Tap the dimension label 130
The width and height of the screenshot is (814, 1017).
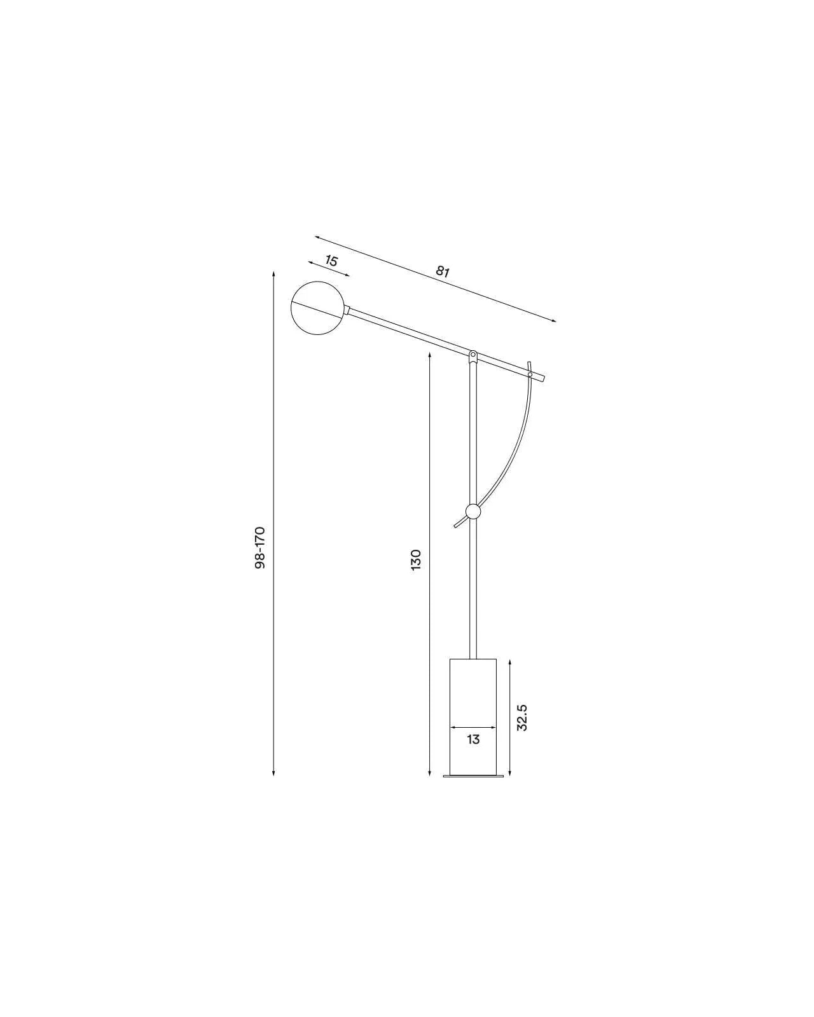[x=416, y=560]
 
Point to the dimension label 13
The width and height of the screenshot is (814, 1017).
[x=473, y=740]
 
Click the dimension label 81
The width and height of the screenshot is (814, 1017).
[x=442, y=271]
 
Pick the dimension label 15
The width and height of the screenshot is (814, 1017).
[x=331, y=261]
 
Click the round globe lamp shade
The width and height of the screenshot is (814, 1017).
[x=318, y=308]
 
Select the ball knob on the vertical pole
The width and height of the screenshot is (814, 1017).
[x=473, y=512]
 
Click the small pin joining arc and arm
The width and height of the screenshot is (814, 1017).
[x=530, y=375]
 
